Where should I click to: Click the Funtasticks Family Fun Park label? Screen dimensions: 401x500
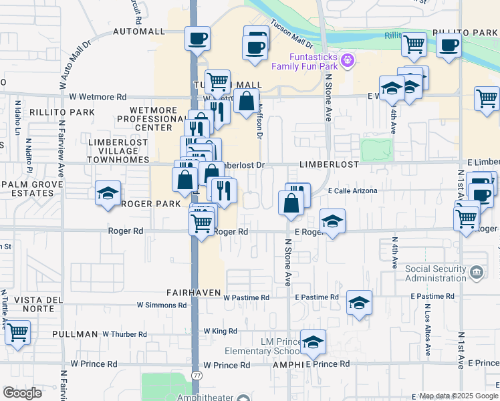pyautogui.click(x=305, y=62)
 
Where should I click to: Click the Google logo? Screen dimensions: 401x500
pyautogui.click(x=22, y=392)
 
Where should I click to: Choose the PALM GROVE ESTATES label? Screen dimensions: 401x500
pyautogui.click(x=27, y=188)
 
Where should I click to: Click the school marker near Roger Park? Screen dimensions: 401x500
pyautogui.click(x=108, y=194)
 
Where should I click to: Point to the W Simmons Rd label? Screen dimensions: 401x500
pyautogui.click(x=162, y=305)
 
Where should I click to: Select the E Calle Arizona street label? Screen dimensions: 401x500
pyautogui.click(x=353, y=190)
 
